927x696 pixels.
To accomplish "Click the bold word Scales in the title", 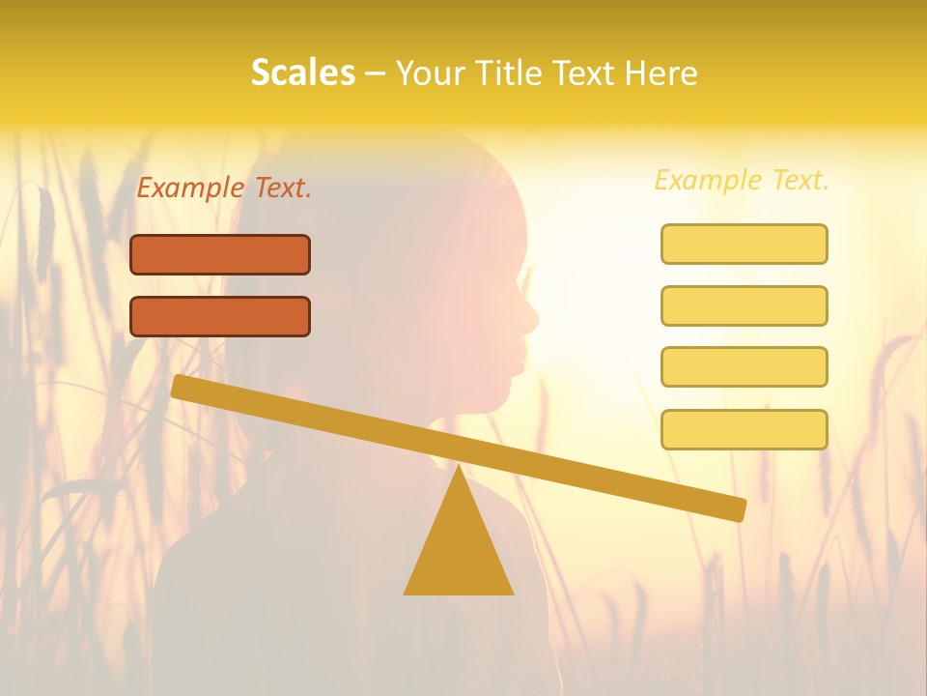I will [302, 73].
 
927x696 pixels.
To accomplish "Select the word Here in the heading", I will [661, 73].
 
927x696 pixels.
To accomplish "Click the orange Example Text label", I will [224, 188].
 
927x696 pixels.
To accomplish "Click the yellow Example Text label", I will [742, 180].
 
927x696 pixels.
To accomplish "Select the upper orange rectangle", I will [220, 254].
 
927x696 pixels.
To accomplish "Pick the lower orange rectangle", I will [220, 316].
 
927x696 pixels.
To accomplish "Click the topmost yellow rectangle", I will [744, 244].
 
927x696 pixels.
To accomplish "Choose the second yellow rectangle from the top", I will [744, 305].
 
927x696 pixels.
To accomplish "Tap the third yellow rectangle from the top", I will [744, 366].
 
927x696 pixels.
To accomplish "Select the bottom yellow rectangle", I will [744, 429].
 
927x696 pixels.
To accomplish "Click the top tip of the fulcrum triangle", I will [459, 468].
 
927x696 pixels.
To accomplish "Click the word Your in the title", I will [430, 73].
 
